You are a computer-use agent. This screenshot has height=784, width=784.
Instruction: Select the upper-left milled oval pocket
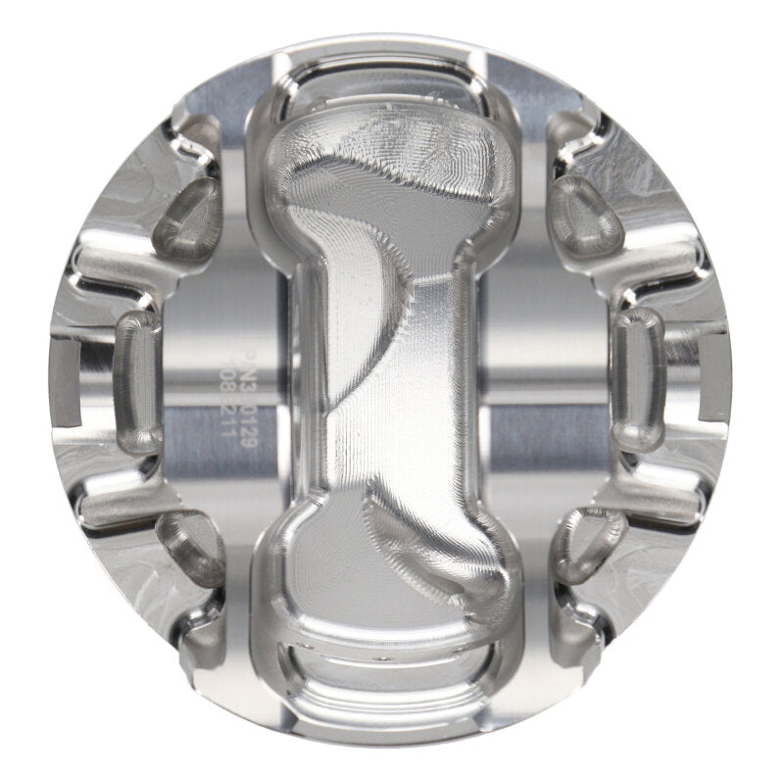click(189, 217)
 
